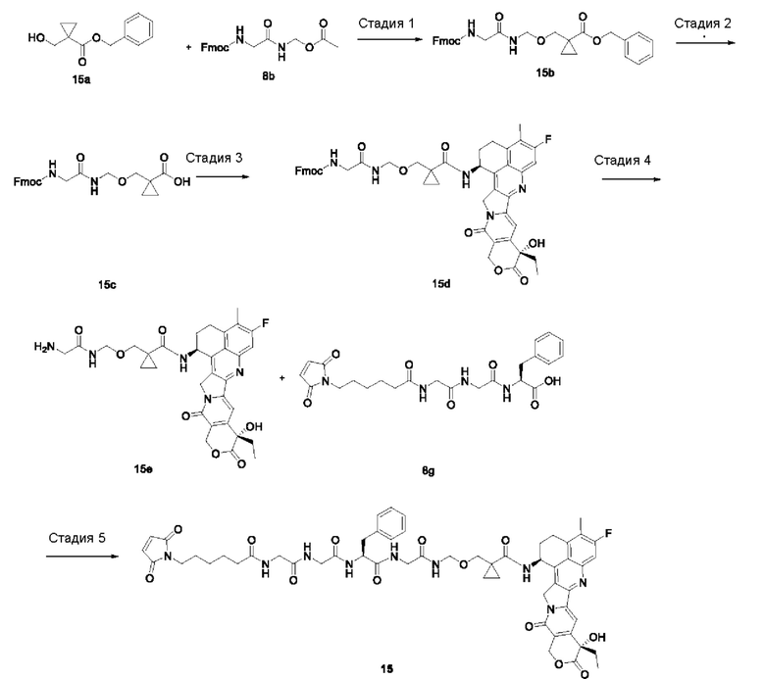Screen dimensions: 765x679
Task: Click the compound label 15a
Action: coord(81,79)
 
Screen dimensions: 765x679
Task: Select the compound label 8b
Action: coord(269,76)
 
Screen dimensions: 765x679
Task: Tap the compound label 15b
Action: coord(545,73)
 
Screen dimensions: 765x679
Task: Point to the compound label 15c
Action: coord(107,285)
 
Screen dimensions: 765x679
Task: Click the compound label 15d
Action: coord(441,284)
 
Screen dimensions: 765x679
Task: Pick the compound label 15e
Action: coord(143,469)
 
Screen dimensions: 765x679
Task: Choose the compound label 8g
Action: coord(429,471)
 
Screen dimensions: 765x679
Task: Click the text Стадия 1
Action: coord(386,24)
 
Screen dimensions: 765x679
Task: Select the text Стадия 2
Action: coord(702,24)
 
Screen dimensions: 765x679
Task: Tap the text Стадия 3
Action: coord(214,158)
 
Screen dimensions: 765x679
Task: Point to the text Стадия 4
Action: coord(622,161)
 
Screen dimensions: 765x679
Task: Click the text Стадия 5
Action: coord(76,538)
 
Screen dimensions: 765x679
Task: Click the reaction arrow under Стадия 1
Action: coord(389,38)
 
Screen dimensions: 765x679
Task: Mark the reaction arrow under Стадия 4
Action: coord(632,179)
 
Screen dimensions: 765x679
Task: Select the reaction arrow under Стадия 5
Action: coord(82,557)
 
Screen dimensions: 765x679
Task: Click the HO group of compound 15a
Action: coord(36,37)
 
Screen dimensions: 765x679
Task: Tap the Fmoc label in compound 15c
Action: coord(27,182)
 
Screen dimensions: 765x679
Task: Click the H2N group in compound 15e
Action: coord(43,347)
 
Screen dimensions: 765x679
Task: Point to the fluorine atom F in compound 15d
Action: coord(548,140)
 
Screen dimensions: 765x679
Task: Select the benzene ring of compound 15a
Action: coord(139,30)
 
